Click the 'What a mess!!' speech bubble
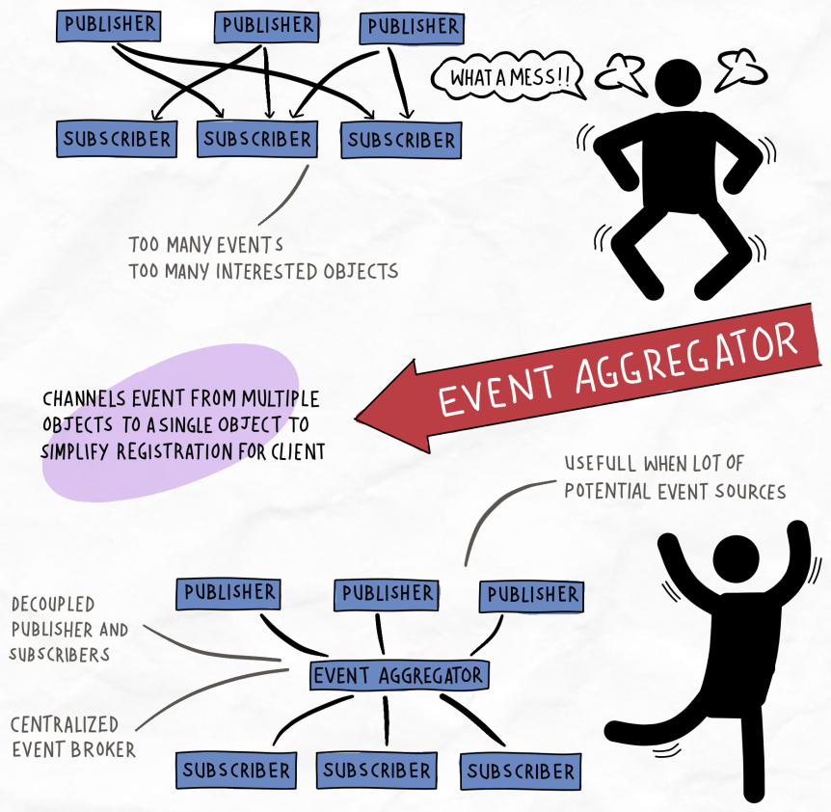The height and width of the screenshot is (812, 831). tap(507, 77)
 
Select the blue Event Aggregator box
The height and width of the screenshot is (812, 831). tap(399, 674)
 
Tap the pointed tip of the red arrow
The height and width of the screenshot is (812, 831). tap(360, 418)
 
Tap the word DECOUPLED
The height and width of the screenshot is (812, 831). tap(53, 605)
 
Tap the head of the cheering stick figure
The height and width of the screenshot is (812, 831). tap(736, 561)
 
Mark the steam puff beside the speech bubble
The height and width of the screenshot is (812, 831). tap(618, 73)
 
